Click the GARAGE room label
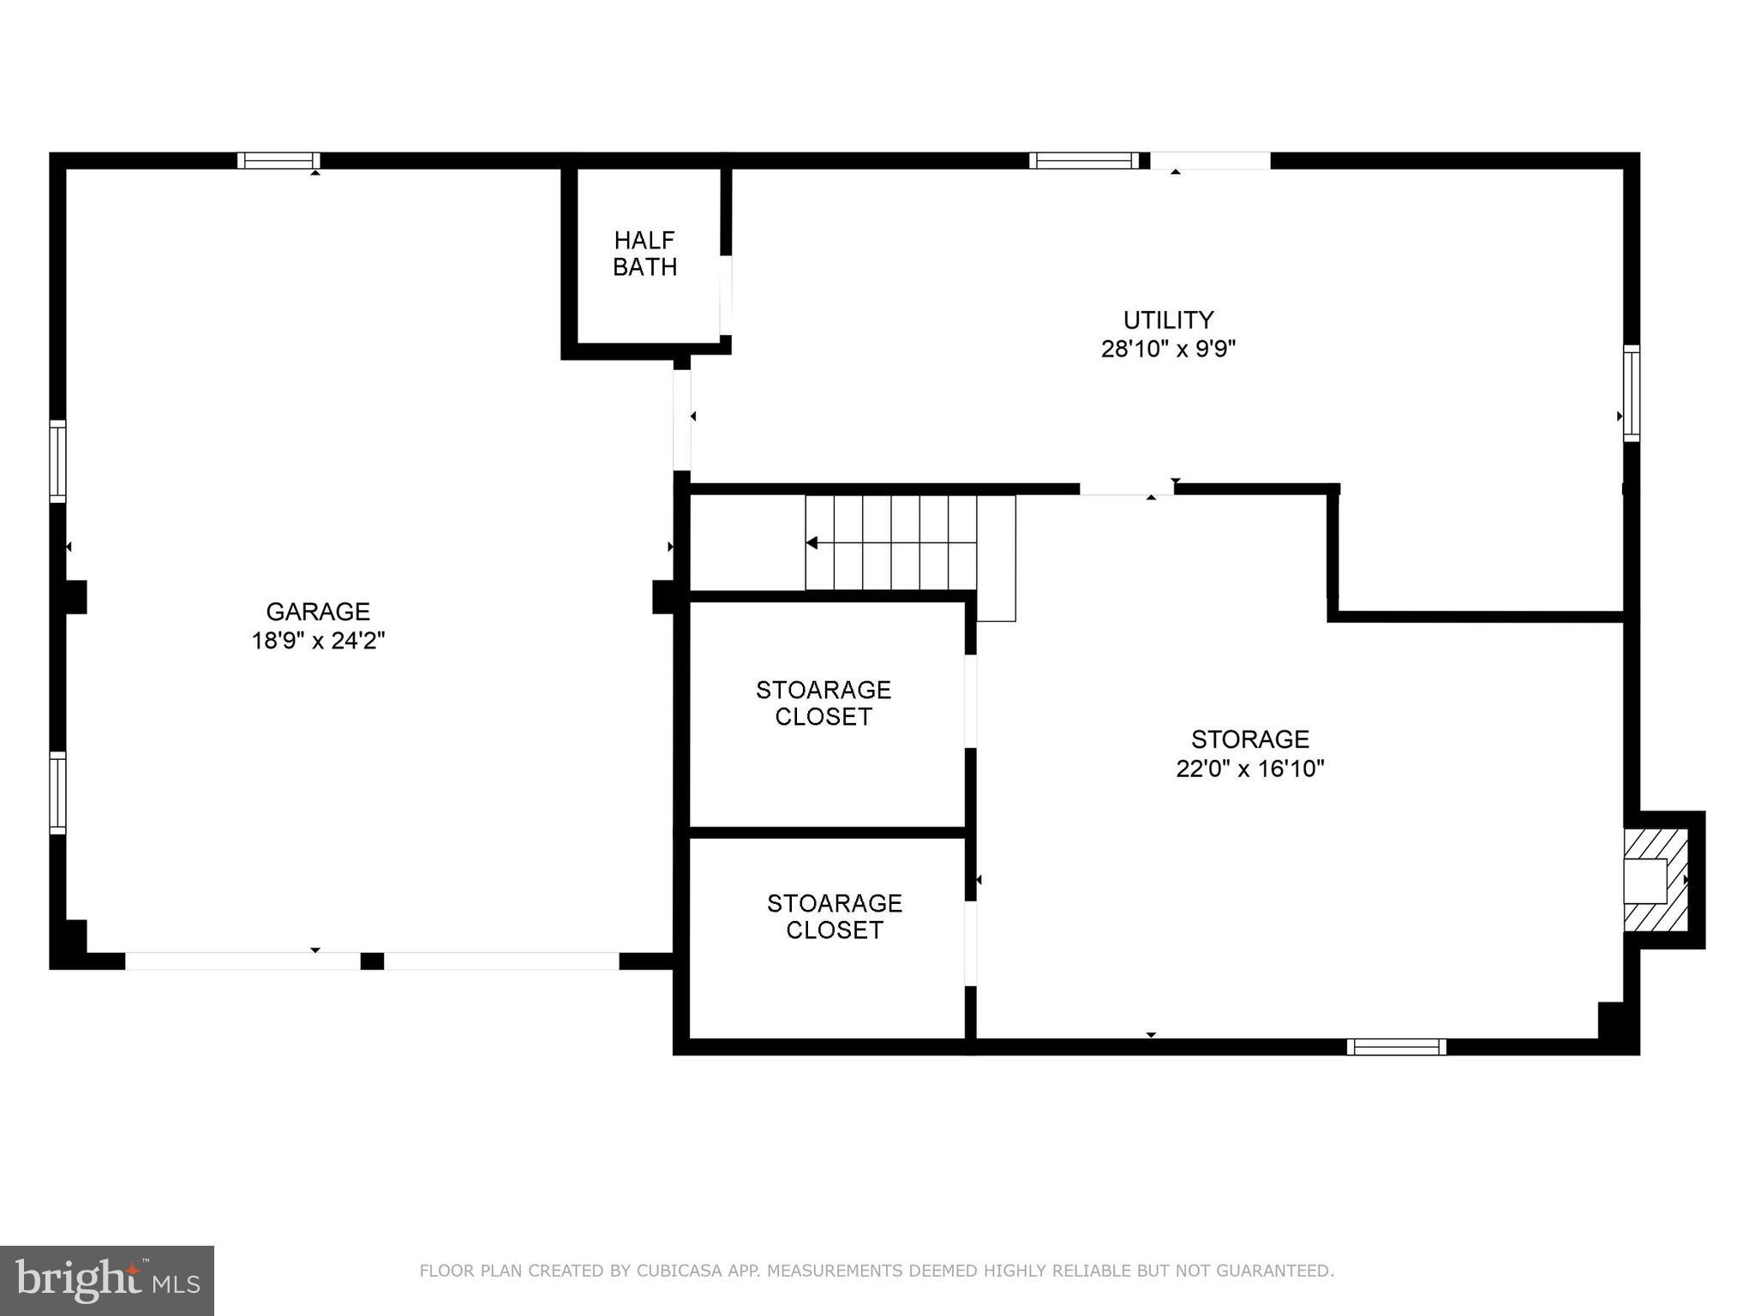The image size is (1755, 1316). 317,611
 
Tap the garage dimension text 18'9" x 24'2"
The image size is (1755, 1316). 317,641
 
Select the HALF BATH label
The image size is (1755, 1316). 644,254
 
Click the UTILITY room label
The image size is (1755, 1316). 1168,320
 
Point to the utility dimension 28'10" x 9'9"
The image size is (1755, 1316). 1168,350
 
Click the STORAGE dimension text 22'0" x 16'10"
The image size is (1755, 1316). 1249,769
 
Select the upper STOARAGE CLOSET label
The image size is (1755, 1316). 823,703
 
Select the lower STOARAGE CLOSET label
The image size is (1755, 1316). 834,916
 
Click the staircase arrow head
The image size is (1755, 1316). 812,543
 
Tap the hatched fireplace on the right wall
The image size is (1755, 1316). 1656,880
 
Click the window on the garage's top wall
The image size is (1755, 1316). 279,160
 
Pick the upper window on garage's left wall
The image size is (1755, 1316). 57,461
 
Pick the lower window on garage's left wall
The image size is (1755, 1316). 57,793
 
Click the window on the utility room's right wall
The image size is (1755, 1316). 1632,393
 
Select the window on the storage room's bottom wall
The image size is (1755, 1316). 1396,1046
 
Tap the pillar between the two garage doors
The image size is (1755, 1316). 372,960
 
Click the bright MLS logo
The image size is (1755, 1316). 107,1281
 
